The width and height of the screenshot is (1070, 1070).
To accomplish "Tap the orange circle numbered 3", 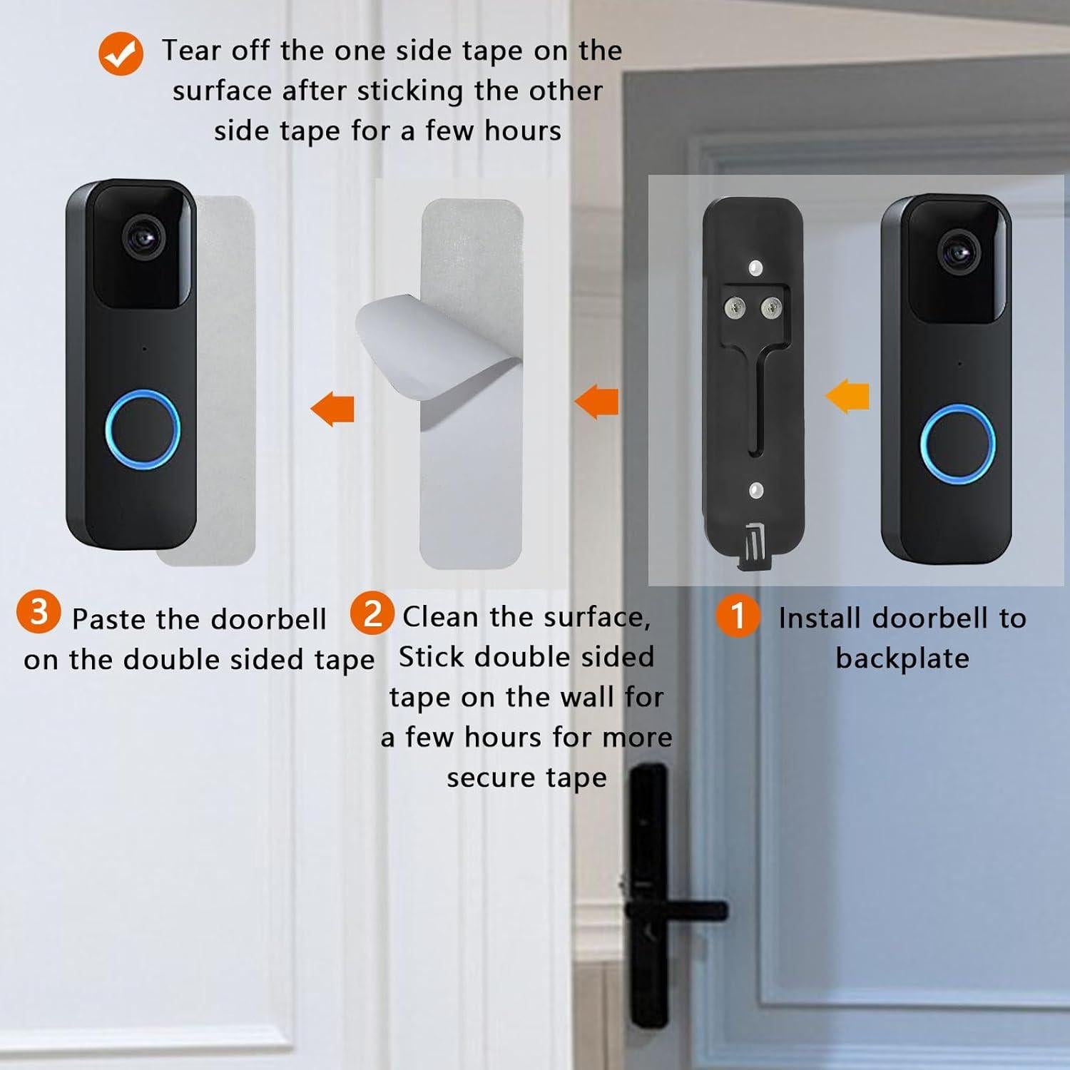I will tap(39, 611).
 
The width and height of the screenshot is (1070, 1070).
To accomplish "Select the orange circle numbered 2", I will tap(372, 613).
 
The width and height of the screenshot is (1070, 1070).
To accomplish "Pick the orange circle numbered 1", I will tap(738, 615).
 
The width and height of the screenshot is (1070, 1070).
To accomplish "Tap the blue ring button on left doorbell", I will tap(142, 430).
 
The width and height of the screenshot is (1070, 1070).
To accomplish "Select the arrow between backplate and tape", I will tap(597, 401).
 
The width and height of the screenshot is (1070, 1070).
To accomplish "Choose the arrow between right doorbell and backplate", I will tap(848, 397).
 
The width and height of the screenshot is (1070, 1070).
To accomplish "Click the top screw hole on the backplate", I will tap(756, 269).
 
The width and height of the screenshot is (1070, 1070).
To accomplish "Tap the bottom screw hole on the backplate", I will tap(756, 490).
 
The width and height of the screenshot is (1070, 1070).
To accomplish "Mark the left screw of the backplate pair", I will tap(735, 307).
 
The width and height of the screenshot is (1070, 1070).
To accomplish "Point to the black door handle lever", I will tap(674, 911).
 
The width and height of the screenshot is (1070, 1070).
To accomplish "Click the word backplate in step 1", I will tap(902, 658).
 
